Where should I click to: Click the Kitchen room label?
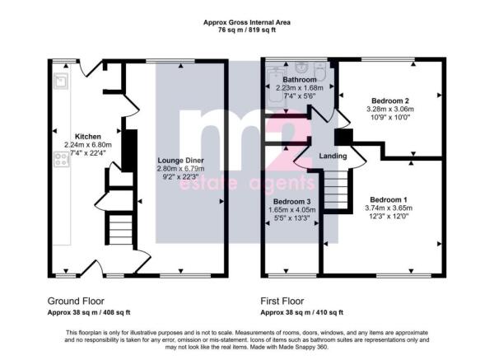(x=88, y=137)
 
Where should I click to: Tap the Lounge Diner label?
(x=180, y=161)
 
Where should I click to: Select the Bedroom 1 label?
(x=389, y=199)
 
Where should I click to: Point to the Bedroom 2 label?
(x=390, y=101)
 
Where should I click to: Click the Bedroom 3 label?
(x=291, y=202)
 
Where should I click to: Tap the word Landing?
(x=333, y=156)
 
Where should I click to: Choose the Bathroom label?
(x=300, y=79)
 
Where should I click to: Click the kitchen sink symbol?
(x=61, y=81)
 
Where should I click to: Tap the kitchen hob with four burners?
(x=62, y=159)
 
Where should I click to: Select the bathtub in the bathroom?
(x=276, y=86)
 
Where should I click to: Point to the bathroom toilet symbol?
(x=321, y=71)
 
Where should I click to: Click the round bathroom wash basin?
(x=302, y=67)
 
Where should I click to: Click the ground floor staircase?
(x=120, y=230)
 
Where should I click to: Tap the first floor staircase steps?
(x=336, y=189)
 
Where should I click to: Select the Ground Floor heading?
(x=76, y=301)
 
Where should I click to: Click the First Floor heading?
(x=282, y=301)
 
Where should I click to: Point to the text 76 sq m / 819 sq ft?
(x=247, y=30)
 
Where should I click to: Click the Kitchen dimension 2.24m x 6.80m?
(x=88, y=145)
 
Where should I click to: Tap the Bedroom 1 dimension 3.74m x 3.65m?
(x=389, y=208)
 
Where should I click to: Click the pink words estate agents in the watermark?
(x=247, y=183)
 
